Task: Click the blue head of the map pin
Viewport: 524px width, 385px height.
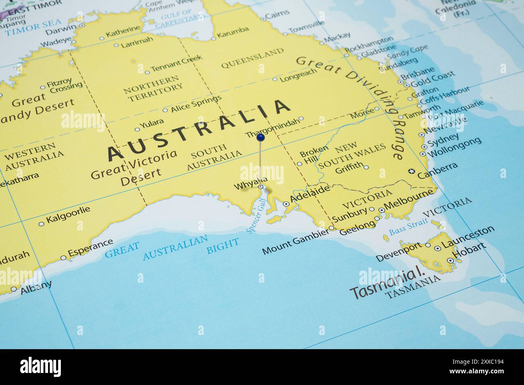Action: click(x=261, y=138)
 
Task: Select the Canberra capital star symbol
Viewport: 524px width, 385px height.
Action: click(x=411, y=171)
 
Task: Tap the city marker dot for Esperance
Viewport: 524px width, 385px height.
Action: click(x=63, y=258)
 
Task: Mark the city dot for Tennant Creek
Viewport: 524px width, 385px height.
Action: click(x=147, y=72)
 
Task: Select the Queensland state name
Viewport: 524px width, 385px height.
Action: click(x=252, y=58)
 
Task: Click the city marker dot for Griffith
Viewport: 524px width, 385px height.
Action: click(x=366, y=167)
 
